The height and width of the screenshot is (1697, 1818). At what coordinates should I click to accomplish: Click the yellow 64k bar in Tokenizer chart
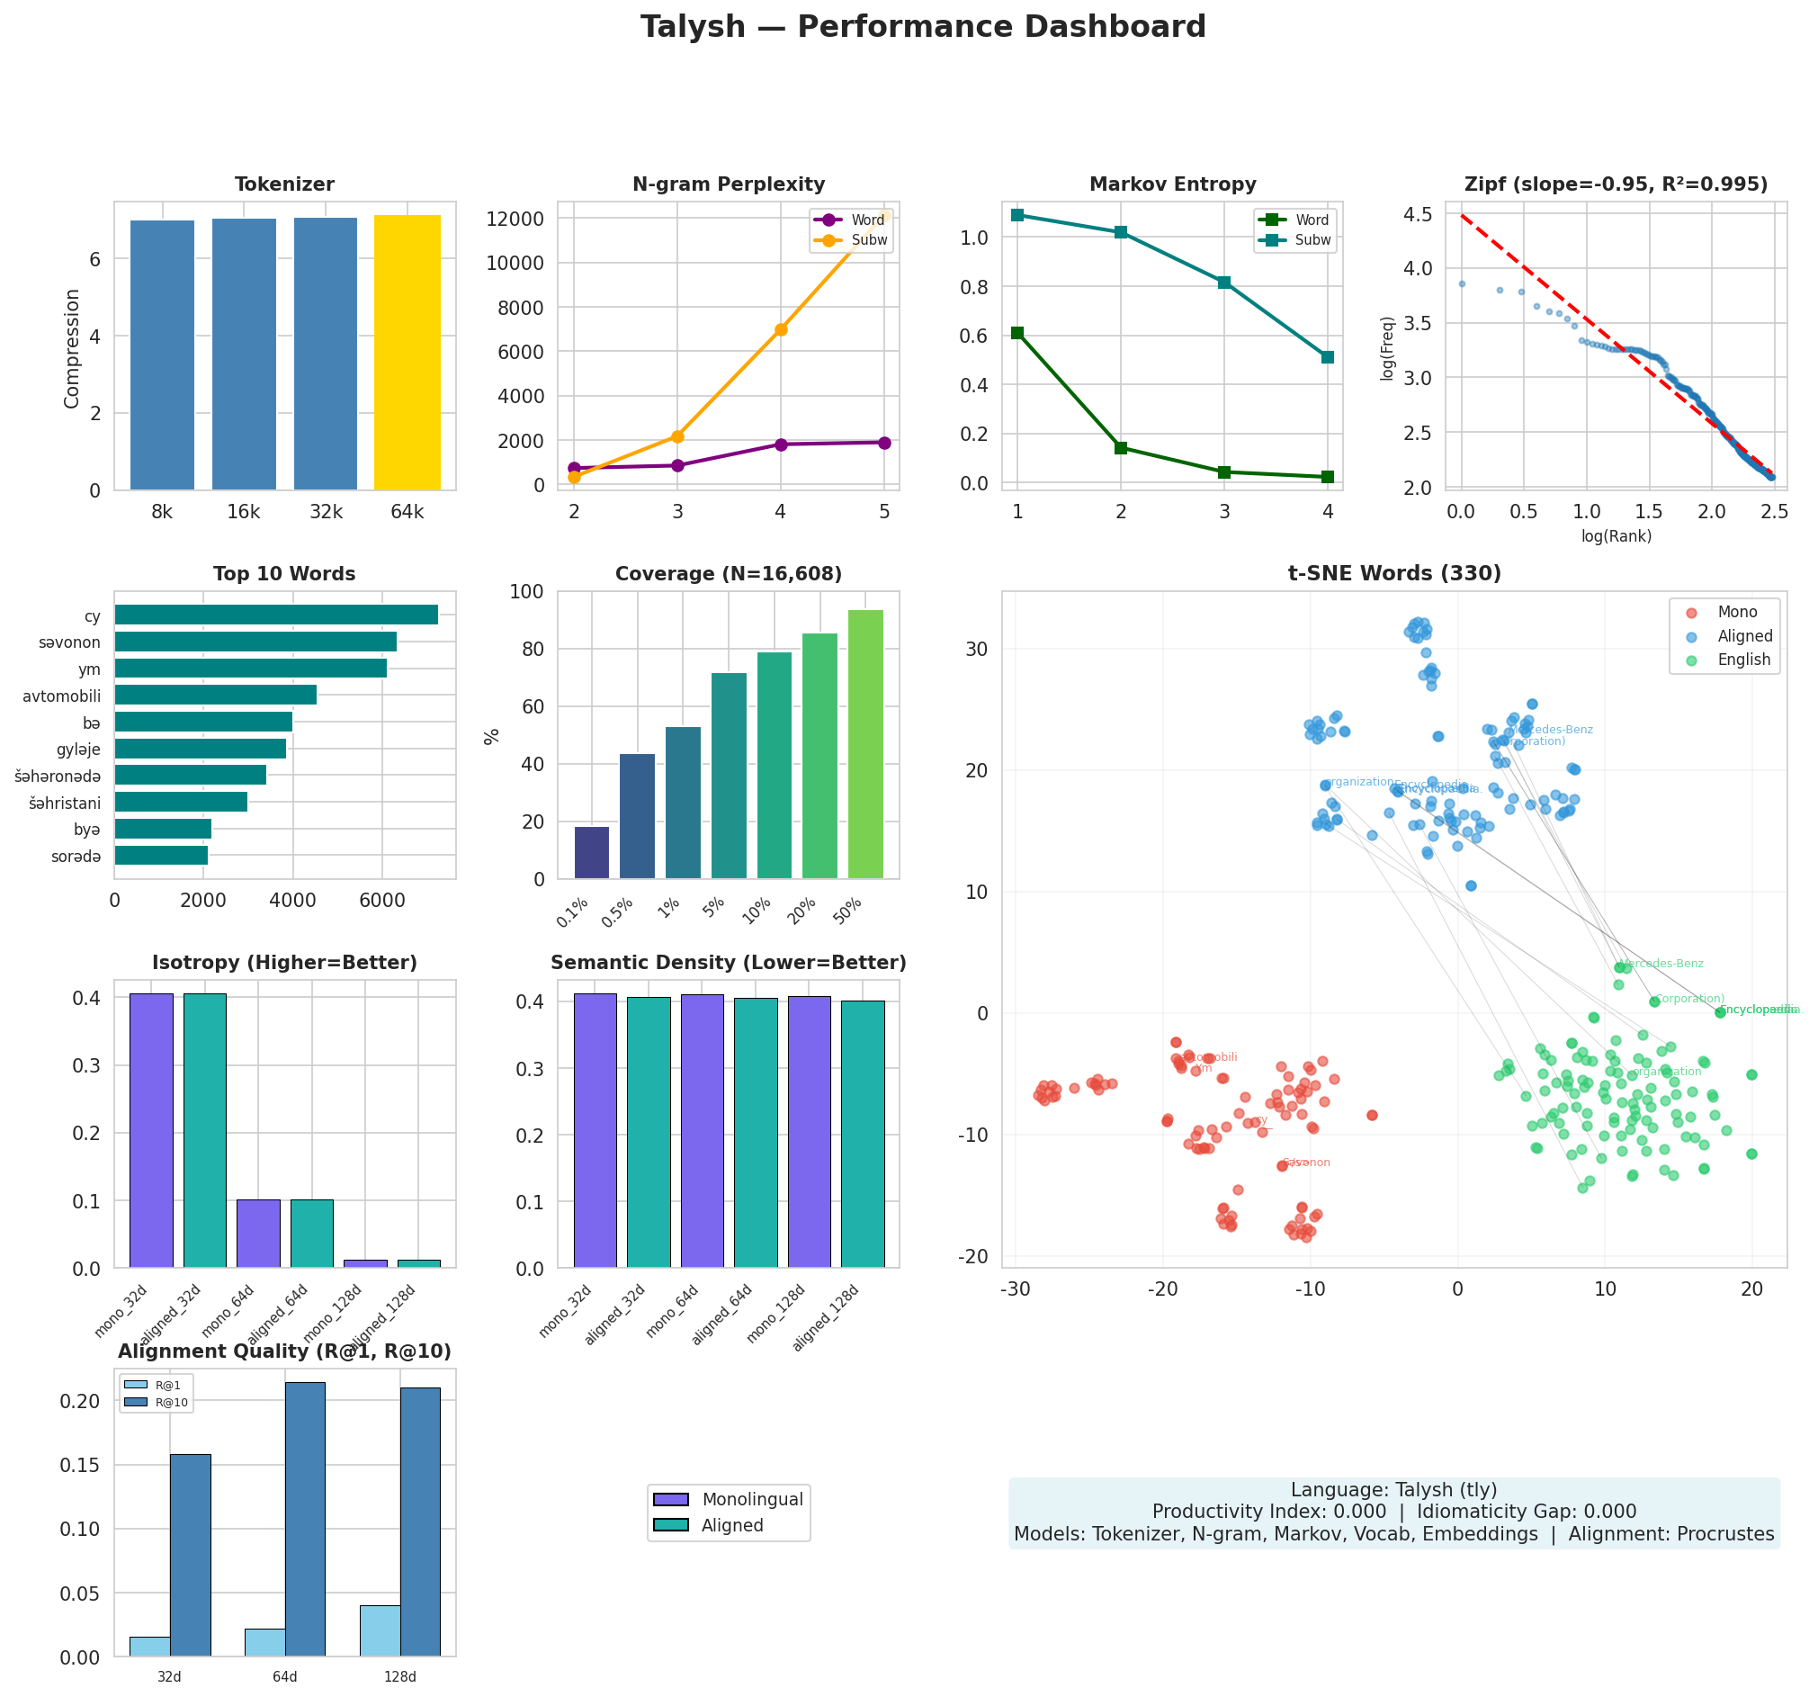click(x=407, y=352)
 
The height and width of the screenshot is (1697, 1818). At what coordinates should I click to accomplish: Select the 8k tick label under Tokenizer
click(x=162, y=512)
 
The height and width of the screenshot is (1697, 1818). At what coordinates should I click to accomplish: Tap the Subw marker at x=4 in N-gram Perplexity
click(x=780, y=329)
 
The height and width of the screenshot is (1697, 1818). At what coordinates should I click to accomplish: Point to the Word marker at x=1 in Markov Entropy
click(x=1016, y=333)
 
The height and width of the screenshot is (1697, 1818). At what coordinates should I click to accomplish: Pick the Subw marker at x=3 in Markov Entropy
click(x=1223, y=283)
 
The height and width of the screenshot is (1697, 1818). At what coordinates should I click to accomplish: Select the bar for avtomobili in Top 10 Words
click(x=215, y=696)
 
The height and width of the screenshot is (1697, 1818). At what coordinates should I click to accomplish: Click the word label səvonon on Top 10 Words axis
click(x=69, y=643)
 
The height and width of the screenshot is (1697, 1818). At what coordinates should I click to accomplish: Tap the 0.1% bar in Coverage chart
click(x=592, y=853)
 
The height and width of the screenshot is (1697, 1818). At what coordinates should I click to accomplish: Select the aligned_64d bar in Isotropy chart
click(x=312, y=1234)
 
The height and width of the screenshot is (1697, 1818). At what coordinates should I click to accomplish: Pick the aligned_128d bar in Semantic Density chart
click(x=863, y=1135)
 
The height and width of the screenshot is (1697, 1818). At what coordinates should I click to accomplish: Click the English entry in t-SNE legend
click(x=1743, y=660)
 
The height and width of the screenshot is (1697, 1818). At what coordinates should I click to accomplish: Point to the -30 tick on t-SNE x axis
click(x=1015, y=1290)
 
